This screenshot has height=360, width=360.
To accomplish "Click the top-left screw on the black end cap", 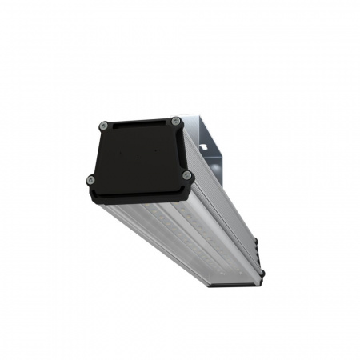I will coord(104,125).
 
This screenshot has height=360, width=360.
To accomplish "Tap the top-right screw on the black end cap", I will coord(174,121).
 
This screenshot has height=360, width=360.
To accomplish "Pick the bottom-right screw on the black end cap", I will coord(186,175).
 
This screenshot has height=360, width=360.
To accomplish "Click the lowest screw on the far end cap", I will coord(262,273).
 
